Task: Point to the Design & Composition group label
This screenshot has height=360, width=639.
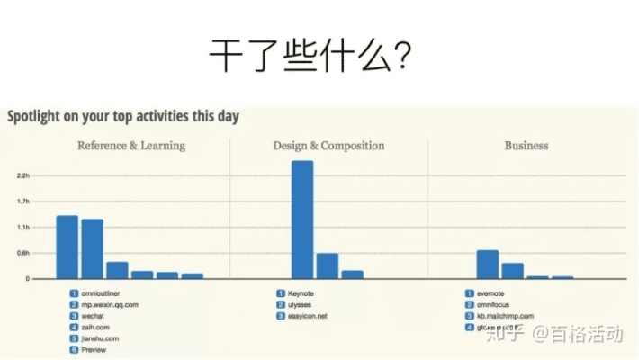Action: click(x=328, y=145)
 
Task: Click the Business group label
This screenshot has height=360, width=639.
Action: click(x=526, y=145)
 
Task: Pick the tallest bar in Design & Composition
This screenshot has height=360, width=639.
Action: click(x=302, y=220)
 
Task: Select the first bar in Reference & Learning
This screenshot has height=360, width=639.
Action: click(x=67, y=247)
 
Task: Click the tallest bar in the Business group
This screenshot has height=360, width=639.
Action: click(x=487, y=265)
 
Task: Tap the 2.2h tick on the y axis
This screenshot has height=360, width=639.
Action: click(x=23, y=175)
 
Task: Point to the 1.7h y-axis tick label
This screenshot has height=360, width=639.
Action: click(x=23, y=201)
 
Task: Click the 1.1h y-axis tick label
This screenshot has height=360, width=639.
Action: click(x=23, y=227)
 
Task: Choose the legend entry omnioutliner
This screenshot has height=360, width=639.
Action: click(x=100, y=294)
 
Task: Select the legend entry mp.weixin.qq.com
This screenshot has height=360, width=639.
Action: click(x=110, y=305)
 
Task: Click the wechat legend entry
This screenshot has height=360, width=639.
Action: click(x=94, y=317)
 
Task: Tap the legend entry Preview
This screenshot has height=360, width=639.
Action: click(x=94, y=350)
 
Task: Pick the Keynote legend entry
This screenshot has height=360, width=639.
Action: click(x=301, y=294)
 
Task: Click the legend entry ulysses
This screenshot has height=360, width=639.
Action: click(x=301, y=305)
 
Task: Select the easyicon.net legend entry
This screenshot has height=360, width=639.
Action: click(x=308, y=317)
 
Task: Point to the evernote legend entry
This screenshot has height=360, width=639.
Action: click(x=492, y=294)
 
